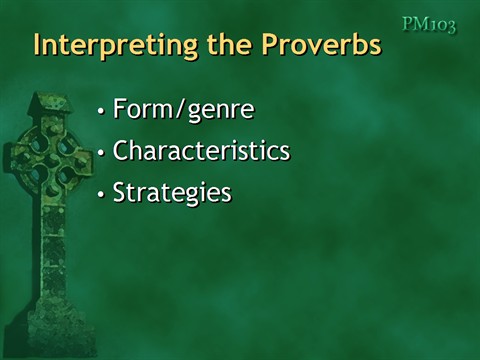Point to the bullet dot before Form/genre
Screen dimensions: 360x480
(100, 112)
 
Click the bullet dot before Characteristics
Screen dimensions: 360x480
(100, 154)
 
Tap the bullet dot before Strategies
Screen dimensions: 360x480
(100, 194)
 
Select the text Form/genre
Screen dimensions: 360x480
(183, 110)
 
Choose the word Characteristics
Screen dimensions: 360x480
(201, 152)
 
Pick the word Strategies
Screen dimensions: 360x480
(172, 192)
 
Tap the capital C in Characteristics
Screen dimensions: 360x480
(121, 152)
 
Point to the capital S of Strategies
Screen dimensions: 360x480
(120, 192)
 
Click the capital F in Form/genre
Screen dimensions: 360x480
(121, 110)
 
